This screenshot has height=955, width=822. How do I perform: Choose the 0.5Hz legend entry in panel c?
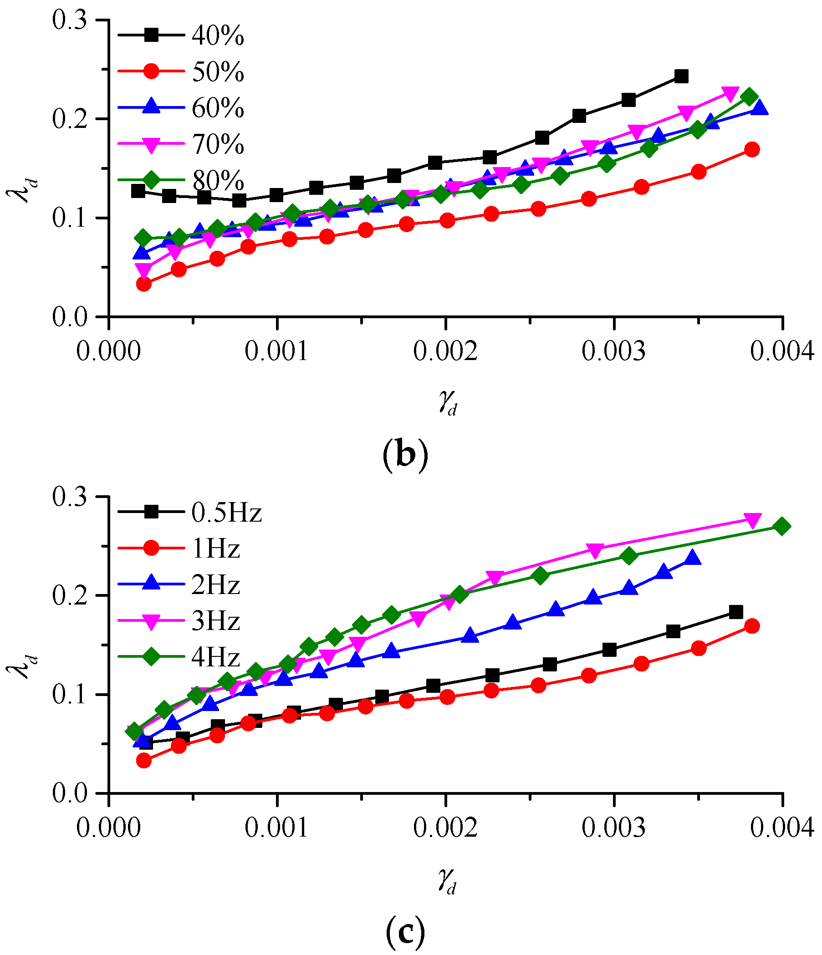pos(226,513)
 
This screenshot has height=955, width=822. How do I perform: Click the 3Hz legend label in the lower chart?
pos(216,621)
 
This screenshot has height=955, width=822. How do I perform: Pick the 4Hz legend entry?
pos(216,657)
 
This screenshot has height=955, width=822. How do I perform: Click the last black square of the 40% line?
pos(681,76)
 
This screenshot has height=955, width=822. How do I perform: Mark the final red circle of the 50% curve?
pos(752,150)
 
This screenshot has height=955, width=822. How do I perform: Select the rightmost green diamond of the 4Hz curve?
pos(781,526)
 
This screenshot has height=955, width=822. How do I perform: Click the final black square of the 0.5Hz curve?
pos(736,612)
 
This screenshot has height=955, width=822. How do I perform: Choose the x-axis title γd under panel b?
pos(447,403)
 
